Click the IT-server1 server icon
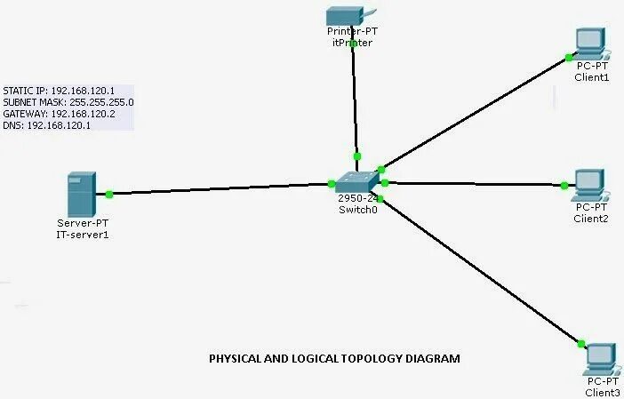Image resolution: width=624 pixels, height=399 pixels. (80, 195)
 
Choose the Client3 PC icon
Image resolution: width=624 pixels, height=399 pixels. (601, 358)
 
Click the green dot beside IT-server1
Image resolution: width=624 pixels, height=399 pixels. (109, 194)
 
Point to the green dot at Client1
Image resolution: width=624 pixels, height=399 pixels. (569, 58)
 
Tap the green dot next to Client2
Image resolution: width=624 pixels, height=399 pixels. (564, 186)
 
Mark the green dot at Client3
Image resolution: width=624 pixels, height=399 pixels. (580, 343)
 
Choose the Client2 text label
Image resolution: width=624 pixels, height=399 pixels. (590, 219)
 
